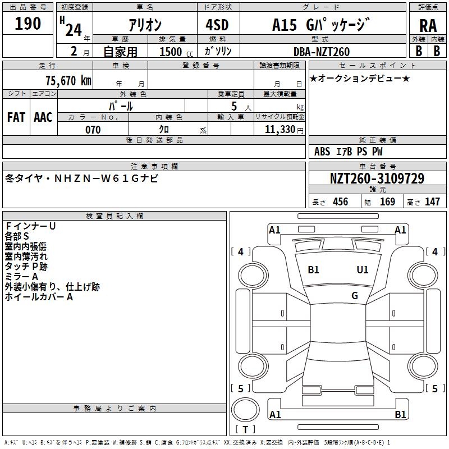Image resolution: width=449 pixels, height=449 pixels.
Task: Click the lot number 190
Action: [x=28, y=24]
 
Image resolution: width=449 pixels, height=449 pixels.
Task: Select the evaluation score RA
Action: [x=428, y=26]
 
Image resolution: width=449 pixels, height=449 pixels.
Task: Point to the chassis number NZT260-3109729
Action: [x=377, y=179]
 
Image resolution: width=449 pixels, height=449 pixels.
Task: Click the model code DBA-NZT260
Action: [x=322, y=52]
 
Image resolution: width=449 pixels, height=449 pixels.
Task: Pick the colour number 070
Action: [x=93, y=130]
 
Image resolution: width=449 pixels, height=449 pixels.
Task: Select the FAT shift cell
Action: [x=16, y=117]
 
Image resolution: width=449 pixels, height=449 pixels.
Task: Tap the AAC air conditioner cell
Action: [x=43, y=117]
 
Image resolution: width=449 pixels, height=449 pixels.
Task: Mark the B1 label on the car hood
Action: [x=313, y=270]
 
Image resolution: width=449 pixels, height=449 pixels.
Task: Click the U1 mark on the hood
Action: [x=363, y=270]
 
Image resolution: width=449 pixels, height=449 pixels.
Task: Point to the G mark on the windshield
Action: [x=355, y=296]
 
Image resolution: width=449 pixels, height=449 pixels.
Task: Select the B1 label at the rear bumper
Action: [x=400, y=415]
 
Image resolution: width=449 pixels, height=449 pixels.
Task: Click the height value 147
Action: [x=432, y=202]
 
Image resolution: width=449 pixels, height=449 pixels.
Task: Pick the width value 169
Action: [x=387, y=202]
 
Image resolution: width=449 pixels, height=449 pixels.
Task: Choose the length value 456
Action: [x=340, y=202]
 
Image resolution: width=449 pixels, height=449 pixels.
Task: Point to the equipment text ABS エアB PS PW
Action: [x=349, y=152]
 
